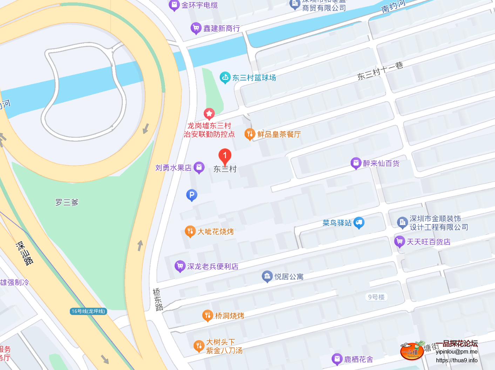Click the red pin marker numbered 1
point(225,156)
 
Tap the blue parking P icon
point(191,195)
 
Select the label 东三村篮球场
point(254,78)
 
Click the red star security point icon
point(209,114)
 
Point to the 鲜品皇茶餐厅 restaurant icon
point(250,134)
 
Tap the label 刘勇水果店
point(173,168)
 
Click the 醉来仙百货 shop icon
point(356,163)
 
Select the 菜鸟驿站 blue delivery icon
point(359,223)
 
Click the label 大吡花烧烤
point(216,232)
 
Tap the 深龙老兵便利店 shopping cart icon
point(180,266)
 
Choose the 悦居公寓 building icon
point(267,277)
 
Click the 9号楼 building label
point(376,297)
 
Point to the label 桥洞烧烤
point(230,316)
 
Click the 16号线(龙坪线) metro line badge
point(88,311)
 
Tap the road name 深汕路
point(25,253)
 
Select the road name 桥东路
point(158,300)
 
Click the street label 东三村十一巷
point(380,71)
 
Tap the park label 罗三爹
point(67,202)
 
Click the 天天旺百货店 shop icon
point(399,242)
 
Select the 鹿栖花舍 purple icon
point(337,359)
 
